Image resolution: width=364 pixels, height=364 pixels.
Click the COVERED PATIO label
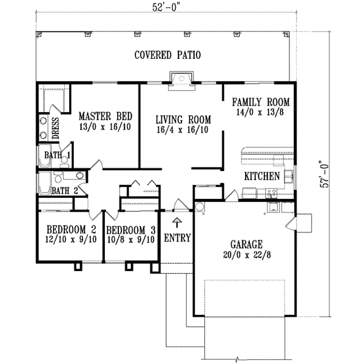pos(167,55)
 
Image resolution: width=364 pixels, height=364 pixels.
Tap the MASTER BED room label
pos(106,115)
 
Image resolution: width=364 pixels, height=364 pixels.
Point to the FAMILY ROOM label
pos(261,102)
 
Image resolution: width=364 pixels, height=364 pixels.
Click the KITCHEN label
pos(261,177)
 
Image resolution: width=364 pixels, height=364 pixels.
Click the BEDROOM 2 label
pos(72,230)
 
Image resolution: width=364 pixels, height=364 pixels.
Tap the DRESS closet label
pos(55,128)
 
